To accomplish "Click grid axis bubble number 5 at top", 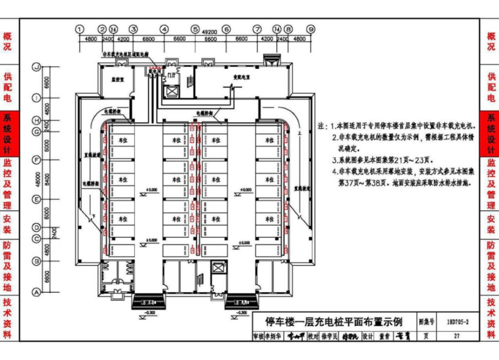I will coord(195,29).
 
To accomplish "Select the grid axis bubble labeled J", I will coord(36,67).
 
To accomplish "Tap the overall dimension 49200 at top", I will coord(210,33).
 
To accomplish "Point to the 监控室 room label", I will coord(117,80).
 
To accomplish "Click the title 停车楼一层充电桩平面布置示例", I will coord(334,321).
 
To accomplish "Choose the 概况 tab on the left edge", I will coord(7,42).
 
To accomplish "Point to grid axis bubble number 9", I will coord(311,29).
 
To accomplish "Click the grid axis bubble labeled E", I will coord(36,199).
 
